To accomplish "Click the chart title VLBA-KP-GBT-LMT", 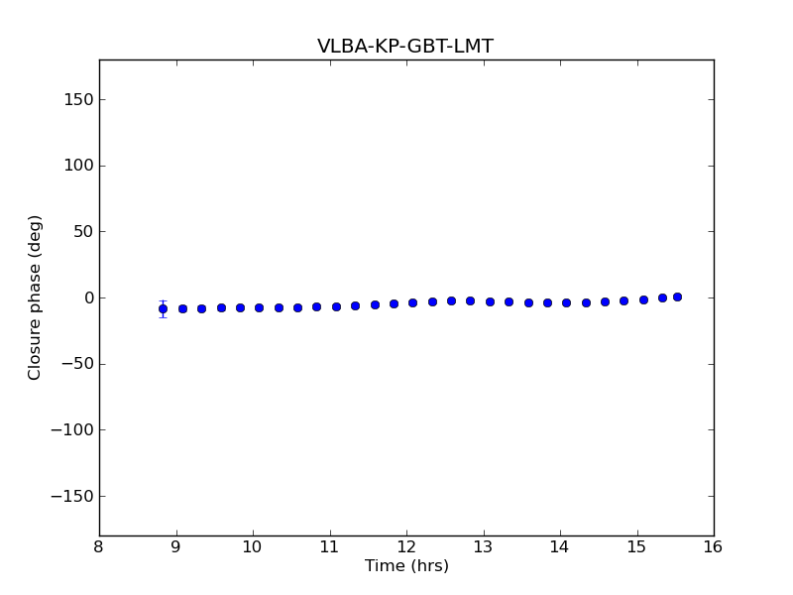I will point(404,47).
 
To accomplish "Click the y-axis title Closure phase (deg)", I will point(36,297).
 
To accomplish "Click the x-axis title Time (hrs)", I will point(406,566).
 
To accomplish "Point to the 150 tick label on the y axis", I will point(78,99).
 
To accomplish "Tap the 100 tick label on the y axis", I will point(78,166).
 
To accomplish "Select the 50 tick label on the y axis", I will point(82,232).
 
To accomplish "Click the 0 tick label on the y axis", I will point(87,297).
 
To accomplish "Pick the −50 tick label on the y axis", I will point(77,364).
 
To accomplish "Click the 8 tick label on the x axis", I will point(99,546).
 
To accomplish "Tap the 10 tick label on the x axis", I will point(253,546).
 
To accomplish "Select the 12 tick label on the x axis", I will point(406,546).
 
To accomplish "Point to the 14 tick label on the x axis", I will point(560,546).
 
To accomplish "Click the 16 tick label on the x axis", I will point(714,546).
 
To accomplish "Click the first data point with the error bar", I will point(163,308).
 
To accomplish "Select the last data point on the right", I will point(677,297).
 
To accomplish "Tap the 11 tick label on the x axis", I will point(329,546).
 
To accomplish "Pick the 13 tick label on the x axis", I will point(483,546).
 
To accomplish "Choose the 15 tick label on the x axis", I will point(636,546).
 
